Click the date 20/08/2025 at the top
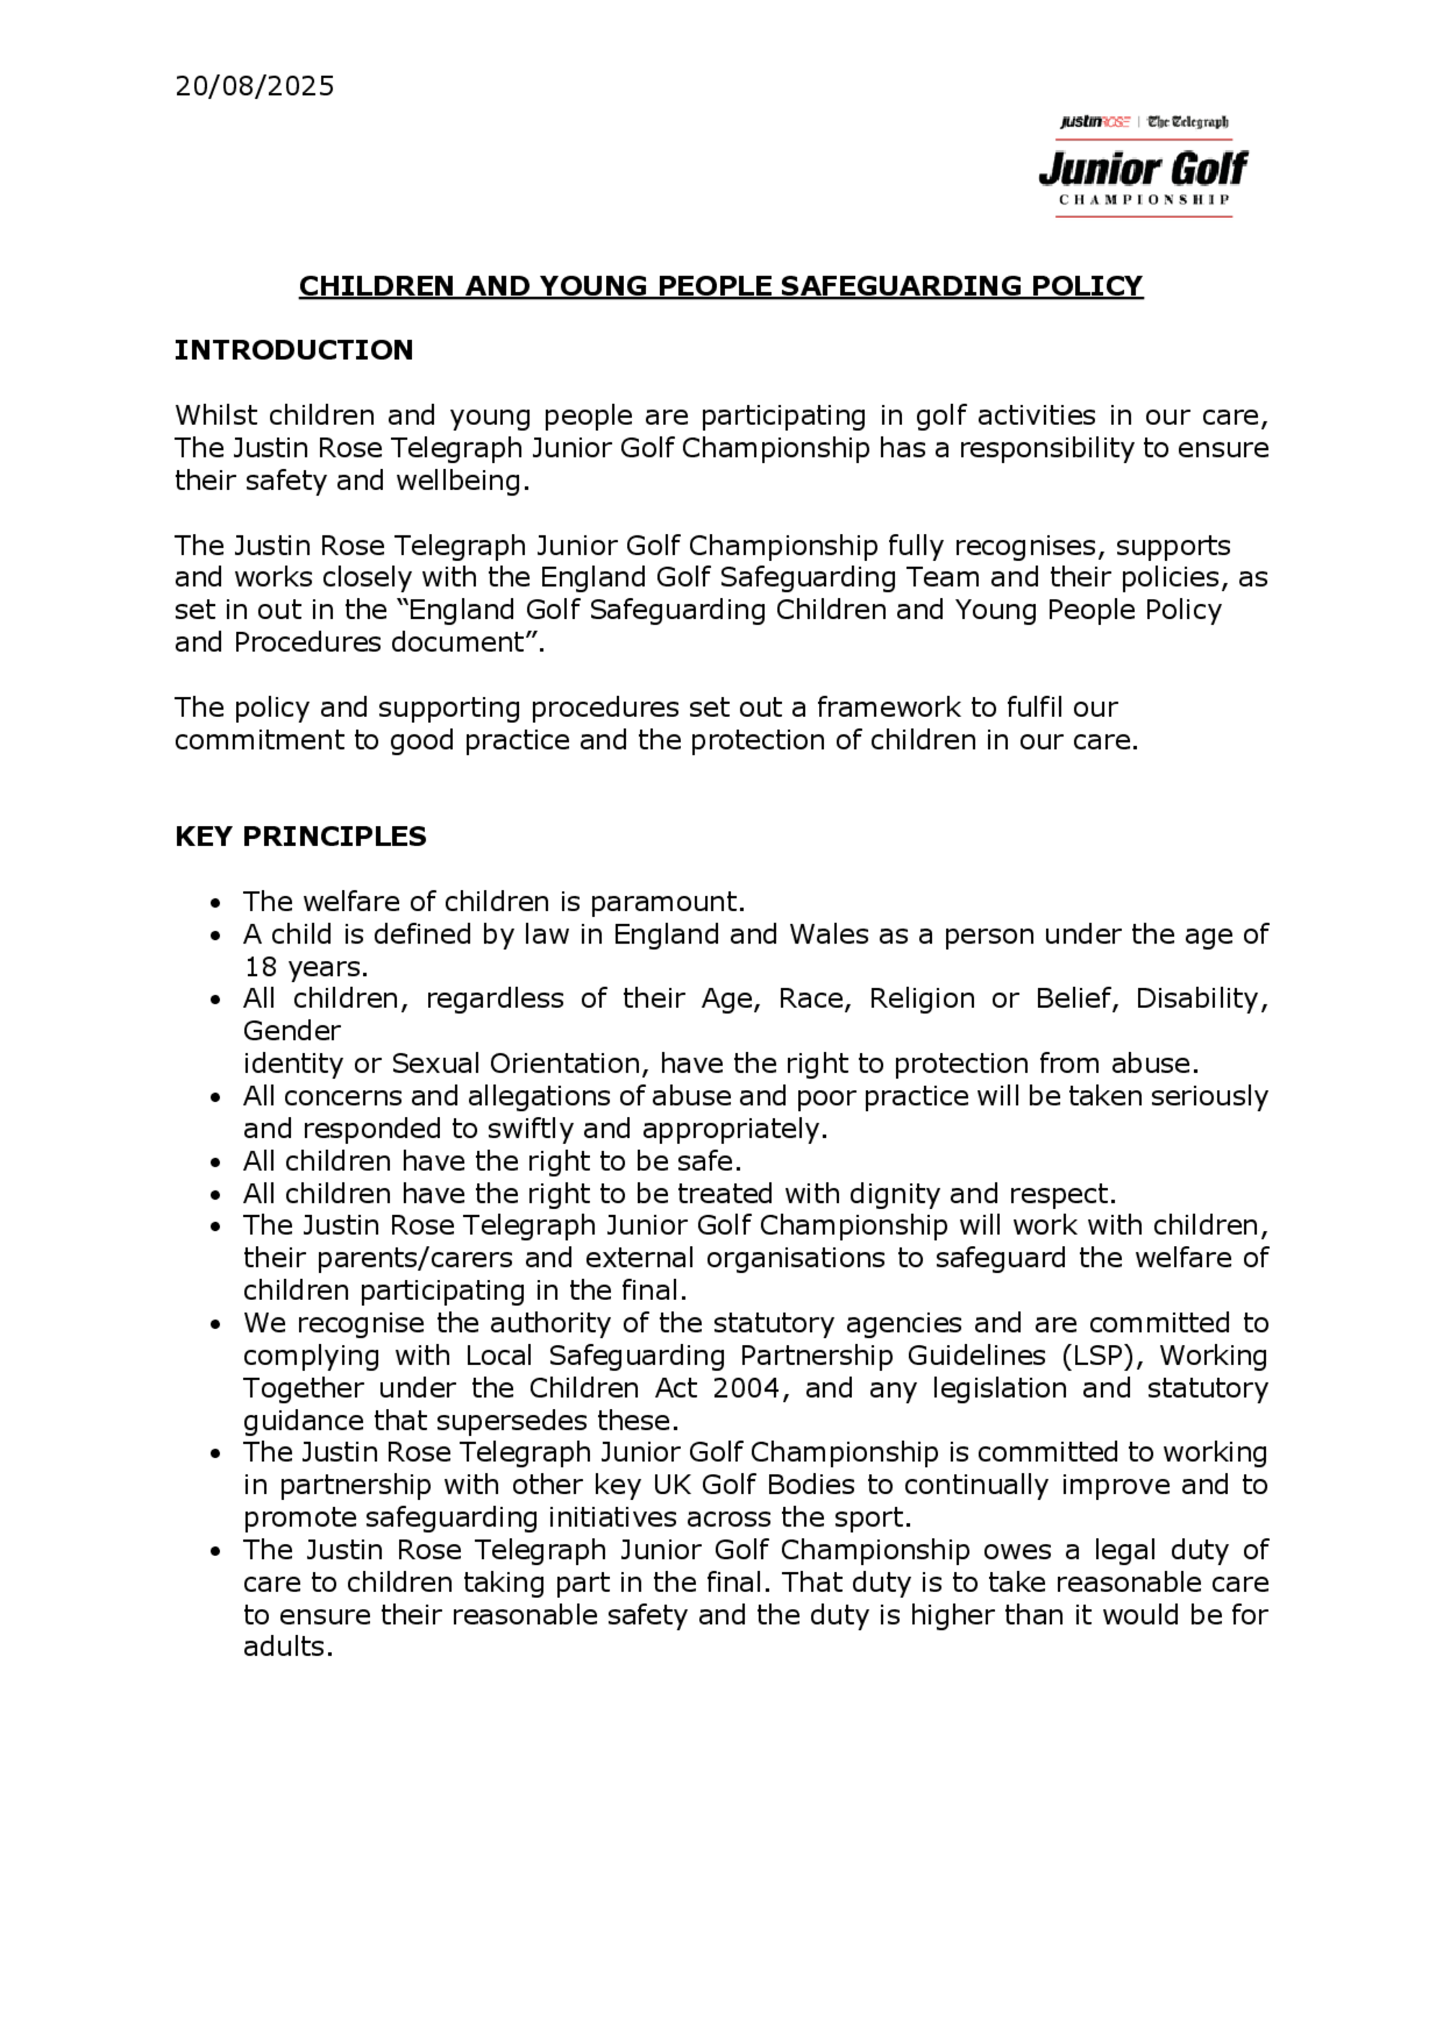click(254, 87)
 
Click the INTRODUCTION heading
click(294, 350)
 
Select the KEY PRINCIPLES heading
click(301, 836)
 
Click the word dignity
click(895, 1193)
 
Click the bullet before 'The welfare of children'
click(214, 904)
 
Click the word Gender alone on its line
click(291, 1031)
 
